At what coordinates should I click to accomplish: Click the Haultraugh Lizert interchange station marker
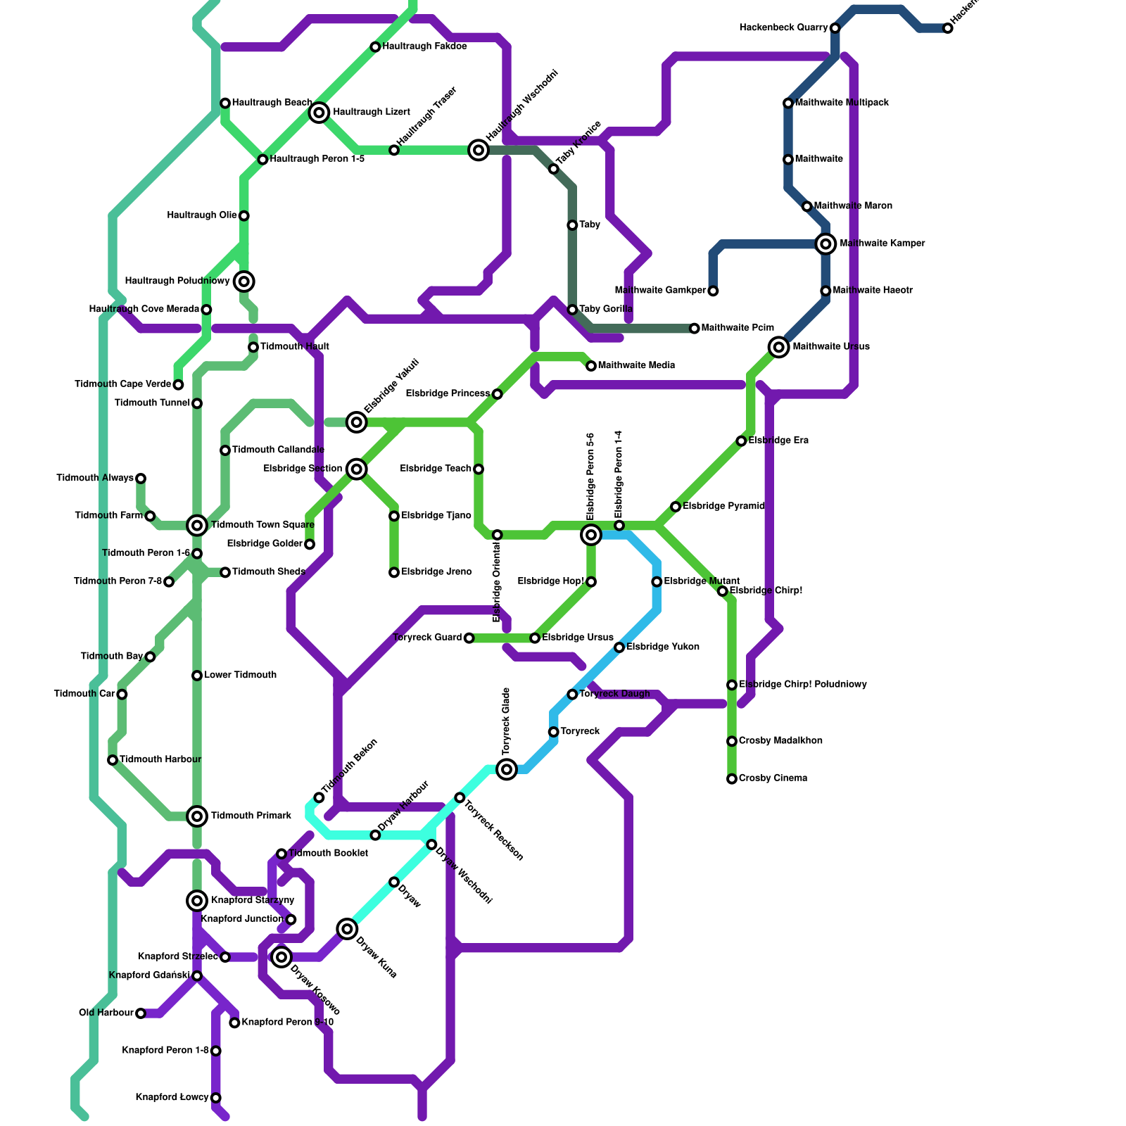(x=320, y=112)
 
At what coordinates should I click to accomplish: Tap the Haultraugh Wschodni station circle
(x=479, y=150)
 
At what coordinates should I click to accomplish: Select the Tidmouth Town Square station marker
(x=197, y=525)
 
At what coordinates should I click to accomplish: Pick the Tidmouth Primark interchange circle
(x=197, y=816)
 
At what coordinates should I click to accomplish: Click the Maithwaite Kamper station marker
(x=825, y=244)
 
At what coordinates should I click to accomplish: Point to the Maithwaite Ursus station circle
(x=778, y=347)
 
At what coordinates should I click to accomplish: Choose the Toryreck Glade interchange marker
(x=507, y=769)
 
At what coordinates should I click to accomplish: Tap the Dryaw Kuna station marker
(x=347, y=929)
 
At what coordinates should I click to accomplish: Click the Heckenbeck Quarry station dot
(x=835, y=28)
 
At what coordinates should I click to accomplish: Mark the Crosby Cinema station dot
(x=732, y=779)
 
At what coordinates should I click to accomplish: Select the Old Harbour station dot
(x=141, y=1013)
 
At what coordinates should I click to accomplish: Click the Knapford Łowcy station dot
(x=216, y=1098)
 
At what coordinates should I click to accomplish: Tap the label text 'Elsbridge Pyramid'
(x=723, y=506)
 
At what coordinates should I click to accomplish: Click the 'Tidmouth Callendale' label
(x=278, y=450)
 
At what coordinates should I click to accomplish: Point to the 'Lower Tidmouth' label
(x=240, y=675)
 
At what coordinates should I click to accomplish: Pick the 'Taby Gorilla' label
(x=605, y=309)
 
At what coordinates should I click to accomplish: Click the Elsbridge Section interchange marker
(x=357, y=469)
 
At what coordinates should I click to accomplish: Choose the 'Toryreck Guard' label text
(x=427, y=638)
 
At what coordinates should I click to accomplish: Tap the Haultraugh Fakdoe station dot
(x=376, y=47)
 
